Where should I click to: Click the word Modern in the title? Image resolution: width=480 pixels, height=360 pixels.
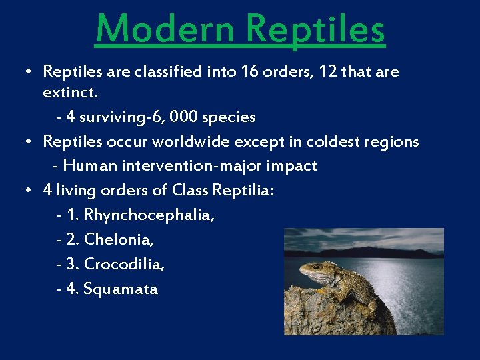click(165, 29)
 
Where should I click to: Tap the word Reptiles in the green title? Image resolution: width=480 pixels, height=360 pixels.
click(315, 29)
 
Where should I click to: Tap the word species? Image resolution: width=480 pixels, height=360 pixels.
click(228, 117)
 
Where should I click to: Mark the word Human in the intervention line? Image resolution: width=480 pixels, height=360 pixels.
click(89, 165)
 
